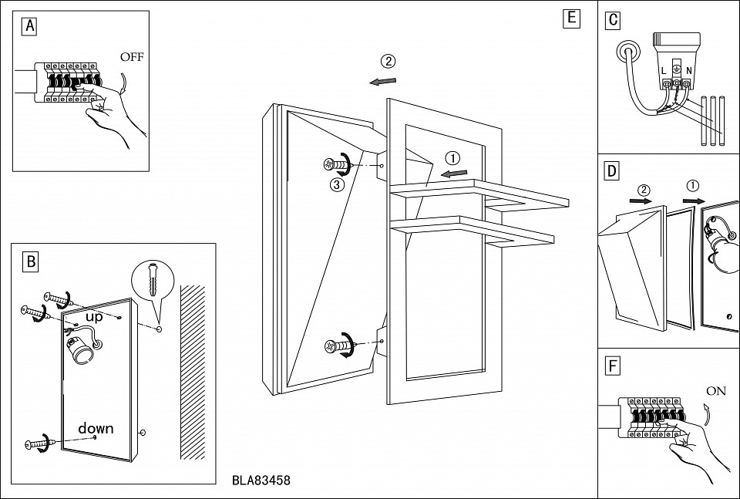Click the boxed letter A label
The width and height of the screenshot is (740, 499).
(30, 26)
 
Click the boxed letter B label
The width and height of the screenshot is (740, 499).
(31, 261)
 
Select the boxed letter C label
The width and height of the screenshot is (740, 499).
(613, 20)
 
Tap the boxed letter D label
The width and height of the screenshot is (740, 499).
(611, 171)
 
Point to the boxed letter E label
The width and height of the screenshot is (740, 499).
(570, 19)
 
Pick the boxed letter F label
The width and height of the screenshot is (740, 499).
(612, 366)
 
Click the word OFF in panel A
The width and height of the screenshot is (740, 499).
(131, 57)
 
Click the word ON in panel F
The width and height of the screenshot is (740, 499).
(715, 391)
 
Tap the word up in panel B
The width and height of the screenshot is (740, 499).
(94, 317)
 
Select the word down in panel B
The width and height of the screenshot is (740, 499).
(96, 428)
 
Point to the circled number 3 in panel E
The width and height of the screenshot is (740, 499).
(336, 184)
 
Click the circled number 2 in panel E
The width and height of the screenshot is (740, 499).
(388, 61)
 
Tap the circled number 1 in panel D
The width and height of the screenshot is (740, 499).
(693, 185)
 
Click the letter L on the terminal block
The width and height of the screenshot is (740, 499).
(663, 71)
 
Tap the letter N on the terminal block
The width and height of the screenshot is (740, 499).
(688, 71)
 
